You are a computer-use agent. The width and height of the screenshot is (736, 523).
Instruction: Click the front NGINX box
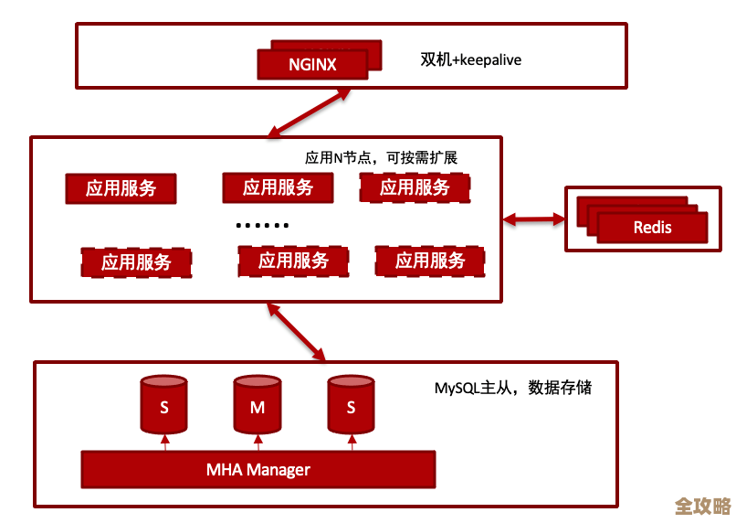pos(312,65)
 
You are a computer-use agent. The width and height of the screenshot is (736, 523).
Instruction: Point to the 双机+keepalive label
pos(469,60)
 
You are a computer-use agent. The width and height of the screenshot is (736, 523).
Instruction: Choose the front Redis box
pos(652,228)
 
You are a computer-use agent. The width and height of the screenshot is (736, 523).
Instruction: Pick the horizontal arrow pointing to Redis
pos(534,219)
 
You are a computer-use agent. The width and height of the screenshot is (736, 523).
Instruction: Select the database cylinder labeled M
pos(258,404)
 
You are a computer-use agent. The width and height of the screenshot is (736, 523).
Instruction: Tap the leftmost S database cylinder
pos(164,404)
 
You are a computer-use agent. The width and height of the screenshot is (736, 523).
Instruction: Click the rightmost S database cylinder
pos(352,404)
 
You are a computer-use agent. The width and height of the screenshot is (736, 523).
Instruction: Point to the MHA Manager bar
pos(258,470)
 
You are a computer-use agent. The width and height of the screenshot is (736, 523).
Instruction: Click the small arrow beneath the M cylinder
pos(258,443)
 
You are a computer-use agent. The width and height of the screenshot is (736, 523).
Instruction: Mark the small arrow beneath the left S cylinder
pos(165,443)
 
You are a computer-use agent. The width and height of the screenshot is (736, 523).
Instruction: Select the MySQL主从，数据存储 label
pos(512,388)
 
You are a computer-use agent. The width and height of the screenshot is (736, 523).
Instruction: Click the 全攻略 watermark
pos(702,507)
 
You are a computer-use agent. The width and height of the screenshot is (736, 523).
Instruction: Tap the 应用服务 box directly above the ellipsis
pos(278,188)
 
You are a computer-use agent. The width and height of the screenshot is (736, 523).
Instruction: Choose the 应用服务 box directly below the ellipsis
pos(293,261)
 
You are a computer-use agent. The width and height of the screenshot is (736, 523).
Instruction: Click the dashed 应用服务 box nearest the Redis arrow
pos(415,188)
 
